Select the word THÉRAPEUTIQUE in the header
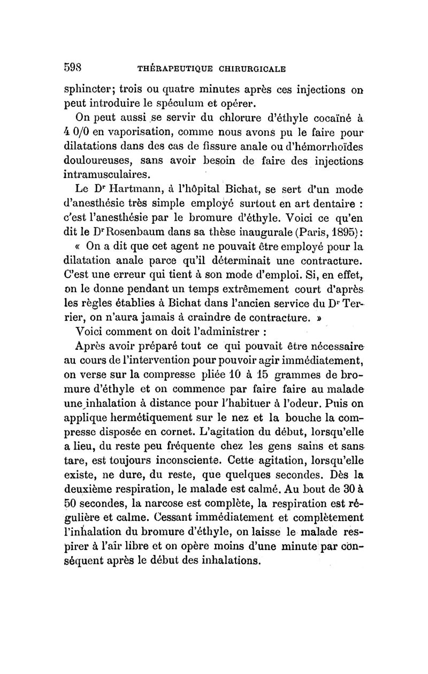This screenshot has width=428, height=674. click(x=173, y=68)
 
